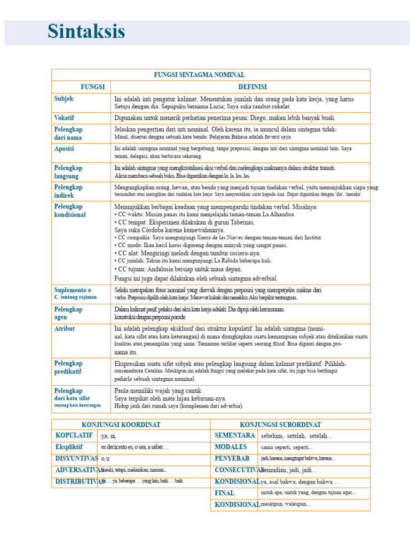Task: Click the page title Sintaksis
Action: pos(86,32)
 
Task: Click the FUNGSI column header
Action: pos(92,87)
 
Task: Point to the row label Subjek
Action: pos(64,99)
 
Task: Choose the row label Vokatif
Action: pos(65,118)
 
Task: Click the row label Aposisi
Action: pos(65,149)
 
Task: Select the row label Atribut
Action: pos(65,329)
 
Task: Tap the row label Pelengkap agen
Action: pos(68,313)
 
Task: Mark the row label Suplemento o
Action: pos(73,290)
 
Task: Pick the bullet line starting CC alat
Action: pos(187,253)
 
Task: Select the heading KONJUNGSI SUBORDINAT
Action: pos(290,424)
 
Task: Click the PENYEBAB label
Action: pos(232,458)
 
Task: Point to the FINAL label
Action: pos(225,493)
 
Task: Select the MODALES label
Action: pos(231,447)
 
